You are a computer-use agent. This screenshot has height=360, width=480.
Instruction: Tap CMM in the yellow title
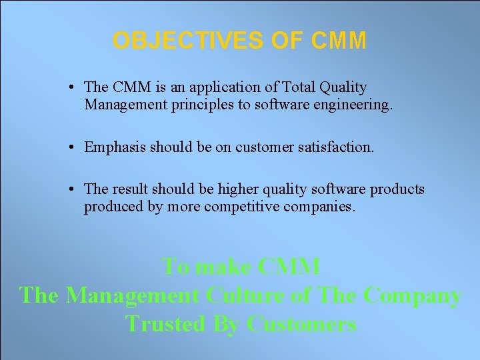click(x=338, y=41)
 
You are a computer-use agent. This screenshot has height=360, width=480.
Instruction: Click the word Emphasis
click(x=113, y=147)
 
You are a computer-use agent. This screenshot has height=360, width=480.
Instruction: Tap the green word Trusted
click(x=165, y=324)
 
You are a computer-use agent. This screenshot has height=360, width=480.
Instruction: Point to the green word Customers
click(x=301, y=324)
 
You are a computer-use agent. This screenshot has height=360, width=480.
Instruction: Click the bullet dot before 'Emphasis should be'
click(x=71, y=147)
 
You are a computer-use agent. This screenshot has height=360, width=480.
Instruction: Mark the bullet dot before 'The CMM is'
click(x=71, y=87)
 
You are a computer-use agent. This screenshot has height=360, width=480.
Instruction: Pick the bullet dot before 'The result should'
click(x=71, y=189)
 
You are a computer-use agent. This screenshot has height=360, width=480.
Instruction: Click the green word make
click(x=215, y=267)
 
